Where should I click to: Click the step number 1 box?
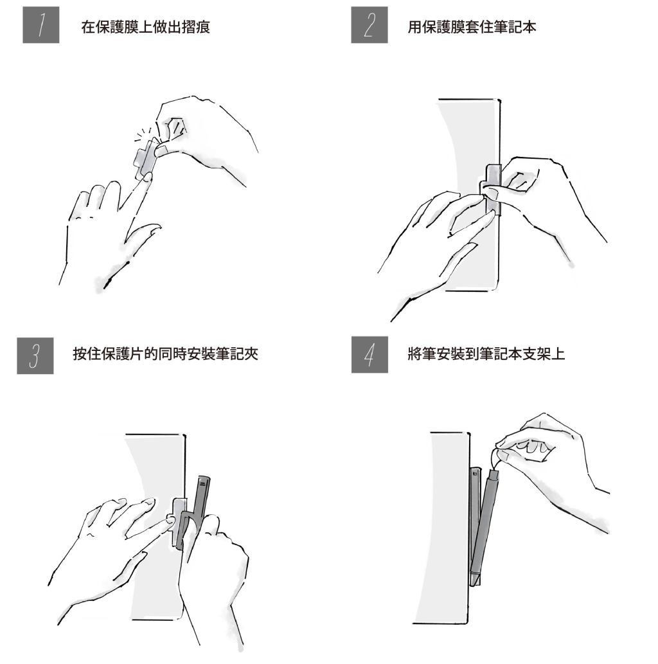(x=40, y=25)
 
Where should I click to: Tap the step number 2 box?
(x=369, y=25)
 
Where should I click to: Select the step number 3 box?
(x=35, y=355)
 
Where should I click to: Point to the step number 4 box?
(x=369, y=355)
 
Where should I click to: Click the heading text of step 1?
(x=146, y=27)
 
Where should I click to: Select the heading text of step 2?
(x=472, y=27)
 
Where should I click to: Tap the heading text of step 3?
(x=166, y=354)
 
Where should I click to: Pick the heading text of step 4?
(x=486, y=354)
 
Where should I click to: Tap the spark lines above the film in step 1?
(x=143, y=134)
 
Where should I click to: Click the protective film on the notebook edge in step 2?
(x=492, y=190)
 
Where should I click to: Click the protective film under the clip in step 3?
(x=178, y=523)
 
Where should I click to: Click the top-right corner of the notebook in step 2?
(x=500, y=100)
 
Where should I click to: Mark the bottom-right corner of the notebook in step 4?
(x=467, y=622)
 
